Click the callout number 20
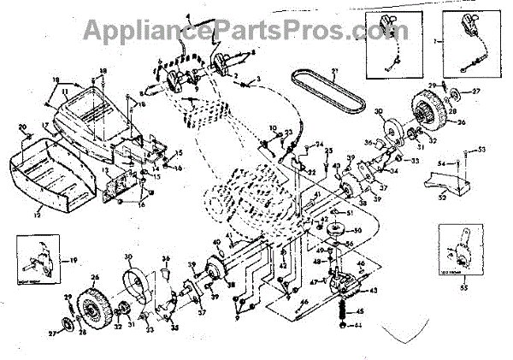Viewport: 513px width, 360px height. [x=23, y=127]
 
